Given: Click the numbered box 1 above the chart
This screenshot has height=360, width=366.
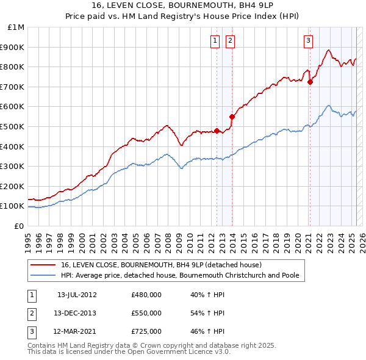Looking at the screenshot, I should point(215,41).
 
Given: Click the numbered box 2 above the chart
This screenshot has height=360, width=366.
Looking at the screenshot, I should point(231,41).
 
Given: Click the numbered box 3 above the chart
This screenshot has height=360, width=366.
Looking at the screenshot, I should point(308,41).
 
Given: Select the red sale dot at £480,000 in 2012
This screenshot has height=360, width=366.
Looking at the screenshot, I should point(217,131).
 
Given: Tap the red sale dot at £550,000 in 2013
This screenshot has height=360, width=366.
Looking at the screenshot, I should point(232,117).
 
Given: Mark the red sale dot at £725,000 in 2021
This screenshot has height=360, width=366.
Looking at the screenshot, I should point(310,82).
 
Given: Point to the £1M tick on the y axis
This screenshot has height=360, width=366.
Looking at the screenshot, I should point(16,27).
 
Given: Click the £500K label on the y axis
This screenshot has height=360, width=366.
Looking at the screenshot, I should point(13,126).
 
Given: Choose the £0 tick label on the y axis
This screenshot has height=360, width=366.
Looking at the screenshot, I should point(19,226).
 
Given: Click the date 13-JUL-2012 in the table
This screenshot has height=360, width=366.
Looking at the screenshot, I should point(77,295).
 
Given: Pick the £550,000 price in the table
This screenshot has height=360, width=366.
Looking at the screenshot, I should point(146,313).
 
